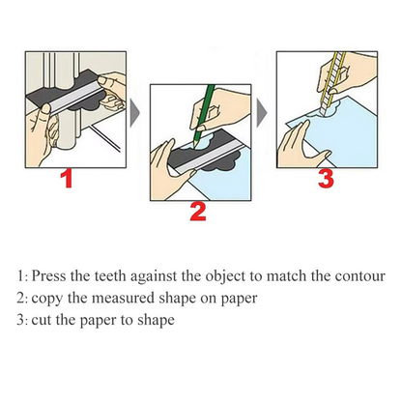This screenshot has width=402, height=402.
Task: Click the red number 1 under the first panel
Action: click(66, 179)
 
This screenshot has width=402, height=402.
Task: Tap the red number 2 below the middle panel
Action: click(197, 212)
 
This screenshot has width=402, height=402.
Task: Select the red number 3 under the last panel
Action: click(327, 179)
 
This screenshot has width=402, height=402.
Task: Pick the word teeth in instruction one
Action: click(107, 274)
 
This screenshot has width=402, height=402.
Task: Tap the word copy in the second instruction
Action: click(47, 299)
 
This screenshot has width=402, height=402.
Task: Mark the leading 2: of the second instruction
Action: click(22, 299)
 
